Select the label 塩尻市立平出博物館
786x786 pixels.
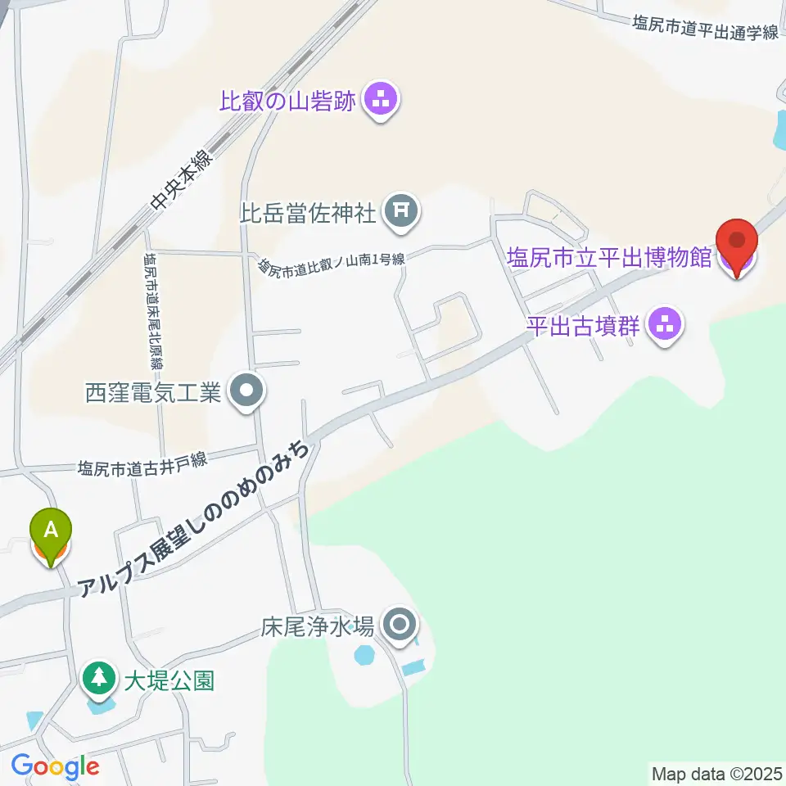pyautogui.click(x=609, y=259)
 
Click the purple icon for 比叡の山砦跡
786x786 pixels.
pyautogui.click(x=380, y=102)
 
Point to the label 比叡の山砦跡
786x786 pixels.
pyautogui.click(x=287, y=102)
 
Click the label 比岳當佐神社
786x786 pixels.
pyautogui.click(x=307, y=214)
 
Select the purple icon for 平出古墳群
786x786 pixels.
pyautogui.click(x=665, y=326)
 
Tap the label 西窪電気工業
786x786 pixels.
pyautogui.click(x=153, y=393)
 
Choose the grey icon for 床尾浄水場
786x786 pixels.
pyautogui.click(x=400, y=627)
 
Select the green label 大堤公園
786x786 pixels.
pyautogui.click(x=169, y=680)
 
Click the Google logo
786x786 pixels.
pyautogui.click(x=55, y=767)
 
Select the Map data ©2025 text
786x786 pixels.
pyautogui.click(x=716, y=772)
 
